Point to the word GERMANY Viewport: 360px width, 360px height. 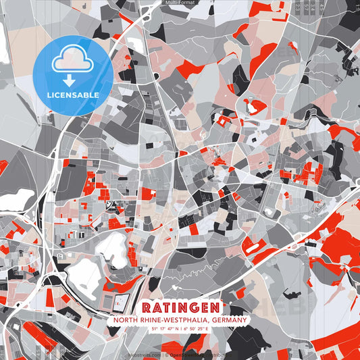[229, 320]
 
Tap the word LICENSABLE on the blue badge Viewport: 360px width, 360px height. [73, 95]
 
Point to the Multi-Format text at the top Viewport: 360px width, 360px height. [180, 3]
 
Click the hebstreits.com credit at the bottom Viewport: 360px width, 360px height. [145, 355]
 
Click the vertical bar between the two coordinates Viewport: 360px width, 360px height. [180, 329]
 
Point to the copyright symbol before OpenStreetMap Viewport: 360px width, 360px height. [166, 355]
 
